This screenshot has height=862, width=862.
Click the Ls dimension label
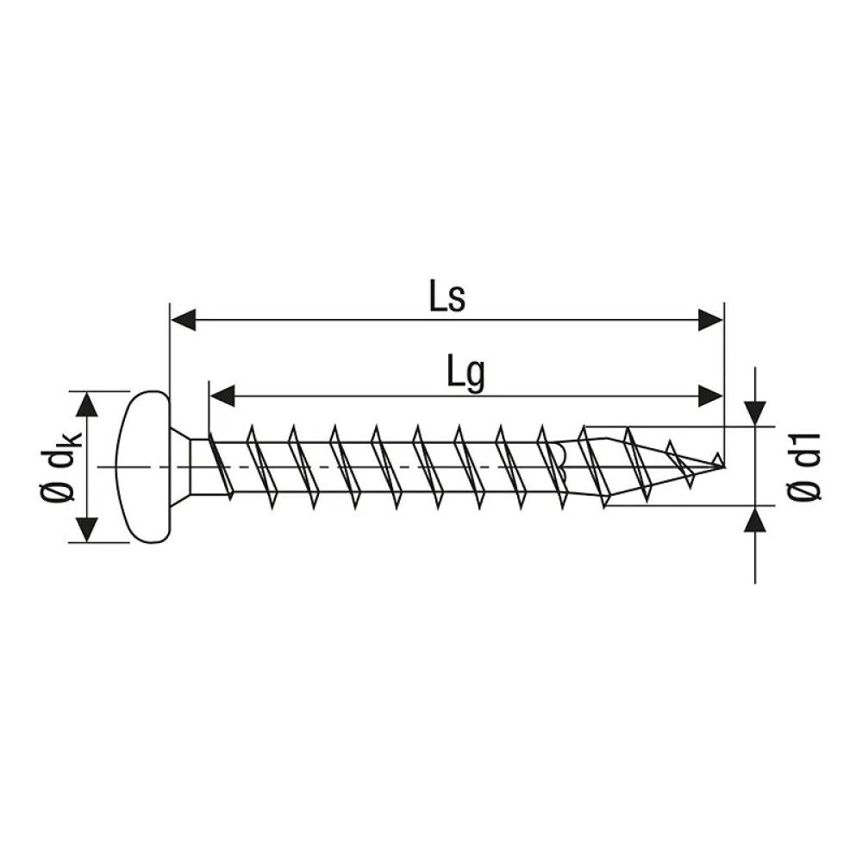(x=447, y=297)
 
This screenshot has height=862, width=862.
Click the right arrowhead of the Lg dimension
(x=710, y=396)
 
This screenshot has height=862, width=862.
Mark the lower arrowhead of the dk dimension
(x=86, y=529)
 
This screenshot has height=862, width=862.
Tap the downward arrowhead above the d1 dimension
(x=756, y=414)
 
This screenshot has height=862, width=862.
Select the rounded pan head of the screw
(x=142, y=466)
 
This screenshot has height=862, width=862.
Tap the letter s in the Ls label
(x=457, y=301)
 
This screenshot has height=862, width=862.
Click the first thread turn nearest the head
(x=219, y=465)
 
